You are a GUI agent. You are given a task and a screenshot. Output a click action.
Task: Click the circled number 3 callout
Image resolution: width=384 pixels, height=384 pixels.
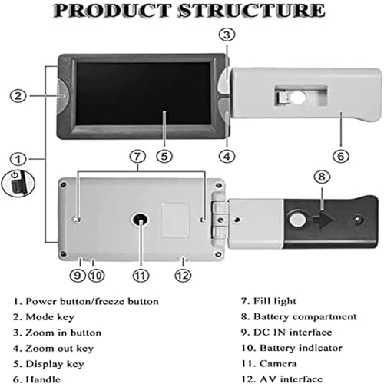[227, 35]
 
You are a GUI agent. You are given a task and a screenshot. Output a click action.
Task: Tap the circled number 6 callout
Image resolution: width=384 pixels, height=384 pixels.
[341, 156]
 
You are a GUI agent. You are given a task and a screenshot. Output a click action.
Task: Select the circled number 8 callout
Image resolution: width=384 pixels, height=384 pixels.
[322, 177]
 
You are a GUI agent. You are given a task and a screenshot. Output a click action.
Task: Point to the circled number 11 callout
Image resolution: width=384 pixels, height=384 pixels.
[141, 276]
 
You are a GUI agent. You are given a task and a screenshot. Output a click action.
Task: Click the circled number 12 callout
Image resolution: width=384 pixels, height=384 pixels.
[183, 276]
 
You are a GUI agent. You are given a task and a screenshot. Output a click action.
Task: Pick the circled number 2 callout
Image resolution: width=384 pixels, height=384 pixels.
[18, 96]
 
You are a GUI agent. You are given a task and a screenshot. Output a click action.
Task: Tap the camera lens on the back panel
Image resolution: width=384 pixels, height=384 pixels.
[141, 220]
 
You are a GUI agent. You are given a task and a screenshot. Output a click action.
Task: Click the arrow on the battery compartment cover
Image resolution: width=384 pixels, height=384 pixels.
[323, 220]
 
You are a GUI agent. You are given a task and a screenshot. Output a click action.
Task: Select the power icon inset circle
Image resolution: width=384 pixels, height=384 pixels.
[18, 184]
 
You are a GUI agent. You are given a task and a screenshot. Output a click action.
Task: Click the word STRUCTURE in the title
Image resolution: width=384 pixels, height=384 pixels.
[252, 11]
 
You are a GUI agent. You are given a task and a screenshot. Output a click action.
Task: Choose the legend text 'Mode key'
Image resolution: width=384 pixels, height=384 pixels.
[50, 317]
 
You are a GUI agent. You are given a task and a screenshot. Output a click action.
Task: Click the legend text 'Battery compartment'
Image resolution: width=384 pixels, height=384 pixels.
[305, 317]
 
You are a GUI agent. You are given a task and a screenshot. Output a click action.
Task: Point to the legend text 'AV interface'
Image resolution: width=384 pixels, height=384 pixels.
[291, 379]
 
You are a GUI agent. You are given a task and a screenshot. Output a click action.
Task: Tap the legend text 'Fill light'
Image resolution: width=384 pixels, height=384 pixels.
[275, 301]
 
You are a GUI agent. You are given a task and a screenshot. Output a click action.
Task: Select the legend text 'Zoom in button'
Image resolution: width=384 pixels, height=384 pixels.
[63, 333]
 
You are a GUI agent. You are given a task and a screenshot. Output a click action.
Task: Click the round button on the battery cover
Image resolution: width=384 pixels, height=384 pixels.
[297, 220]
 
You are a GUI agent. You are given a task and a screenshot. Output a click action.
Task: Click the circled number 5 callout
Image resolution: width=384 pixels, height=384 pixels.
[164, 156]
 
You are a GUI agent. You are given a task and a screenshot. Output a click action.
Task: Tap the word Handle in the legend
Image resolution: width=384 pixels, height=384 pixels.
[43, 379]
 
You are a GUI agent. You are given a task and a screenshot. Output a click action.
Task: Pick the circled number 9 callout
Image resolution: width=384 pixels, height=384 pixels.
[78, 276]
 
